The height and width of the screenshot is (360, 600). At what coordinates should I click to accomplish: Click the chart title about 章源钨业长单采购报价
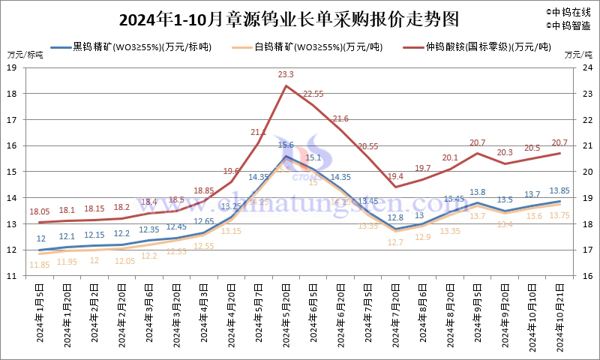[289, 16]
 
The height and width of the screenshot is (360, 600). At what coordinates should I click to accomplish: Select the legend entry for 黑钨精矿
[135, 46]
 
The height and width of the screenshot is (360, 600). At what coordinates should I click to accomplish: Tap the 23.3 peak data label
[286, 74]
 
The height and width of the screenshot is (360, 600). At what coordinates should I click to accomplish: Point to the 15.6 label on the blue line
[286, 145]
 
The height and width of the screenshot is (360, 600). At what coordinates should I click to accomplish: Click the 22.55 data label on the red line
[313, 94]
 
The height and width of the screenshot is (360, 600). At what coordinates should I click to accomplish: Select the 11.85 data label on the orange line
[40, 264]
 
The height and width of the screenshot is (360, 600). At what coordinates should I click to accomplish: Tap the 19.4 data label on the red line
[396, 176]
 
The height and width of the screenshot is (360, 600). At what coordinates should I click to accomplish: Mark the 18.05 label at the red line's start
[40, 212]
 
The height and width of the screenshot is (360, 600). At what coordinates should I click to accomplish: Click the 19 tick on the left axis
[12, 67]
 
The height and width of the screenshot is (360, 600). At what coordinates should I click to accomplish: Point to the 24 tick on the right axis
[587, 67]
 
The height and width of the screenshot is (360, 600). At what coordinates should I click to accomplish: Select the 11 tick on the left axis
[12, 276]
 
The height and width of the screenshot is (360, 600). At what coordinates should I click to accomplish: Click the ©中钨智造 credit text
[568, 25]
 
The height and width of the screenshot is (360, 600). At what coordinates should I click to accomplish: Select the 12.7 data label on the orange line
[396, 242]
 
